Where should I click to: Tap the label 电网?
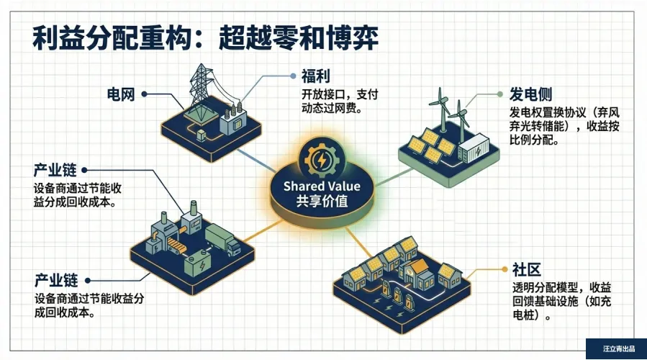coord(120,94)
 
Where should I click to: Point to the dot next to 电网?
coord(145,94)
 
